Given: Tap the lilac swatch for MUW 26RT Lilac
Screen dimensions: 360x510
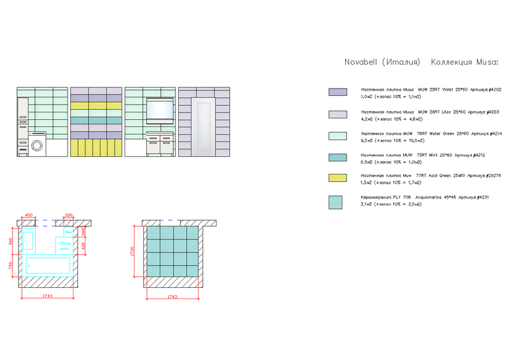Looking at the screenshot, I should (338, 114).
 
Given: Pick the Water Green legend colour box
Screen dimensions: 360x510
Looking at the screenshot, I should (338, 136).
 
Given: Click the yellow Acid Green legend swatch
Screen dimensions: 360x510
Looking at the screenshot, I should (338, 178).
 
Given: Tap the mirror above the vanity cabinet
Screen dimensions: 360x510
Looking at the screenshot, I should (159, 110).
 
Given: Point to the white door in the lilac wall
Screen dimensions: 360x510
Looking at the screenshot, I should (203, 126).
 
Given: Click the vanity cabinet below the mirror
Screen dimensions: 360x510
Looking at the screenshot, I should (160, 145).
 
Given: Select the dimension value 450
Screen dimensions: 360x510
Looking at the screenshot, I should (29, 215).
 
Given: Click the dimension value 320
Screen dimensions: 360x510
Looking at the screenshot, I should (69, 215).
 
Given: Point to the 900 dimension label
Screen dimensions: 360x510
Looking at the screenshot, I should (10, 242).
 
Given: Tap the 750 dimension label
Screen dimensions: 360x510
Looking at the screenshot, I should (10, 265).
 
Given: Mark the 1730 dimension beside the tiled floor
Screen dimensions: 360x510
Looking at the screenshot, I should (132, 251).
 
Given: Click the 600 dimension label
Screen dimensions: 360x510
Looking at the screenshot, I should (84, 246).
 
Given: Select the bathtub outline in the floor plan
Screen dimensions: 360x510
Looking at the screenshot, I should (48, 265).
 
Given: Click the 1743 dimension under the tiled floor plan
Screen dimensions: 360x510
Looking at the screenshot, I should (172, 298).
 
